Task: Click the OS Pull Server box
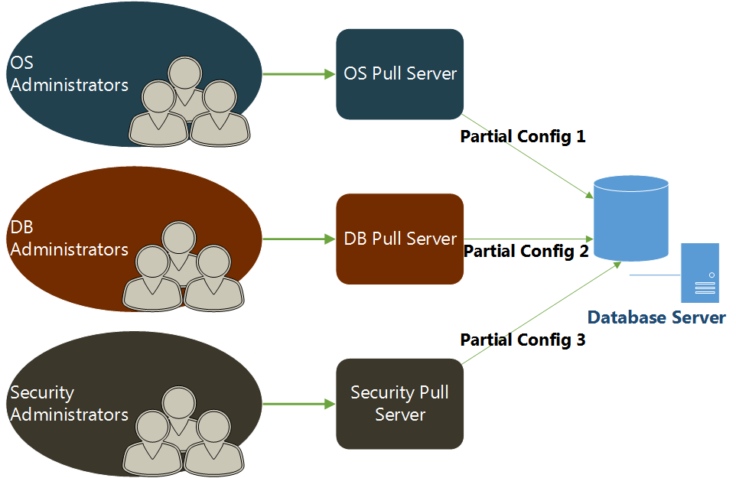[x=399, y=74]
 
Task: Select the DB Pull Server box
[x=399, y=239]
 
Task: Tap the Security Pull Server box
[x=399, y=403]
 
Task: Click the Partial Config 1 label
[x=523, y=137]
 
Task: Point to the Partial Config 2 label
[x=526, y=251]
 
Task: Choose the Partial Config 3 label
[x=523, y=340]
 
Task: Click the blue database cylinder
[x=631, y=218]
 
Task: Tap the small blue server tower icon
[x=700, y=273]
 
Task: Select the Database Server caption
[x=656, y=317]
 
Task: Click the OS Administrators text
[x=69, y=73]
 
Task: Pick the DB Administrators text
[x=69, y=239]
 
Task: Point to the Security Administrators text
[x=69, y=404]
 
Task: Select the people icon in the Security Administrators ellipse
[x=184, y=431]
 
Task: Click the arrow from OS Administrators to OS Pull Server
[x=298, y=74]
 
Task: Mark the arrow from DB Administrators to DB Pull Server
[x=298, y=239]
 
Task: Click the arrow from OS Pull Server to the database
[x=528, y=158]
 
